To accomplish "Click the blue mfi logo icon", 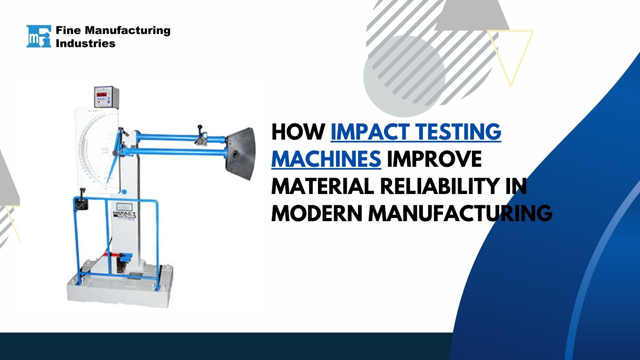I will pos(38,36).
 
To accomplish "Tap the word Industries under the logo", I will pos(85,43).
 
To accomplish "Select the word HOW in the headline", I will pos(298,132).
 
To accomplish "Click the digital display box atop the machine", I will pos(107,97).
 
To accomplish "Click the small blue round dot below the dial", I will pos(124,192).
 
